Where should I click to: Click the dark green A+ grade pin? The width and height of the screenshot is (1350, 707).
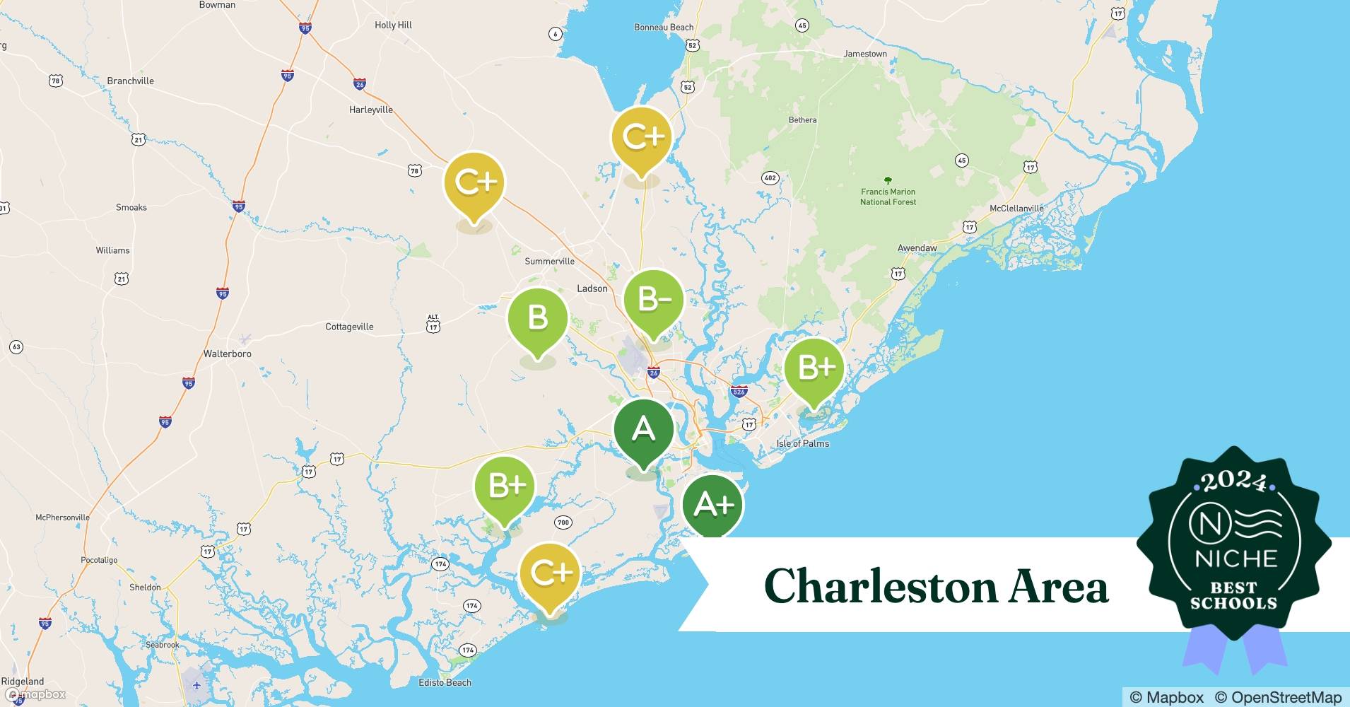[x=712, y=505]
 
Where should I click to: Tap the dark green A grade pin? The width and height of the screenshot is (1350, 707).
[x=643, y=429]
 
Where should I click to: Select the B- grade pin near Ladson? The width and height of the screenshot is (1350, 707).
[x=654, y=300]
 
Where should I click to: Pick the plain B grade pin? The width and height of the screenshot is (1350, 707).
[x=538, y=317]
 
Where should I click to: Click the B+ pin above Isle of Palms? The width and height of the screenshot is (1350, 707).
[x=815, y=368]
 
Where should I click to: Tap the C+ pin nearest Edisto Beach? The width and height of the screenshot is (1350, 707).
[x=550, y=573]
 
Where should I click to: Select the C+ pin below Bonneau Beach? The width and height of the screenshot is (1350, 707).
[x=642, y=137]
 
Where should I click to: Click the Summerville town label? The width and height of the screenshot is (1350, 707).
[x=549, y=262]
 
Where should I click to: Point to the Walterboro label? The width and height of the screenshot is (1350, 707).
[x=227, y=353]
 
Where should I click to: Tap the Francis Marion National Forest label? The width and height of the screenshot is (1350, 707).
[x=888, y=197]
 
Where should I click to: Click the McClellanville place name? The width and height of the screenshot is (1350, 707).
[x=1016, y=209]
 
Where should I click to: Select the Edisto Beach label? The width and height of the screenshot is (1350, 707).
[x=445, y=682]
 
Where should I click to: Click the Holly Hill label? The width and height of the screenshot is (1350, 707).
[x=393, y=25]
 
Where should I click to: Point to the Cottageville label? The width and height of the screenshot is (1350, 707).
[x=349, y=327]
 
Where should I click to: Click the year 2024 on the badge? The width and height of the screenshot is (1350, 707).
[x=1233, y=482]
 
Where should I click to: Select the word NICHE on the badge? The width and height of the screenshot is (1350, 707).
[x=1235, y=559]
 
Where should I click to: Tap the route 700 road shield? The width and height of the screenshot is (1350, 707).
[x=563, y=522]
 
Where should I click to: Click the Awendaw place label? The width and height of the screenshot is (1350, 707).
[x=917, y=248]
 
